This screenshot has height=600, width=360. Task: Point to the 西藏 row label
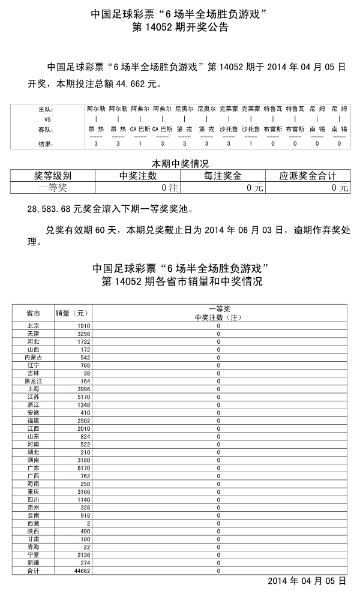pyautogui.click(x=34, y=523)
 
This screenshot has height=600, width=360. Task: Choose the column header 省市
pyautogui.click(x=34, y=313)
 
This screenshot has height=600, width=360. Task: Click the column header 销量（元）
pyautogui.click(x=72, y=313)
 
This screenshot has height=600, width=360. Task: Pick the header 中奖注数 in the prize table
pyautogui.click(x=138, y=176)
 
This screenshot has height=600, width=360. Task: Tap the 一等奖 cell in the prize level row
pyautogui.click(x=53, y=187)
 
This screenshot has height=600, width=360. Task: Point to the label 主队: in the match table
pyautogui.click(x=45, y=110)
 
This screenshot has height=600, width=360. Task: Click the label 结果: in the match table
pyautogui.click(x=45, y=144)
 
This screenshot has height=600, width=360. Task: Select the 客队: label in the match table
pyautogui.click(x=45, y=129)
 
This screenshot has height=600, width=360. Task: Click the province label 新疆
pyautogui.click(x=34, y=563)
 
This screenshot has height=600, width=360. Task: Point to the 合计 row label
pyautogui.click(x=34, y=571)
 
